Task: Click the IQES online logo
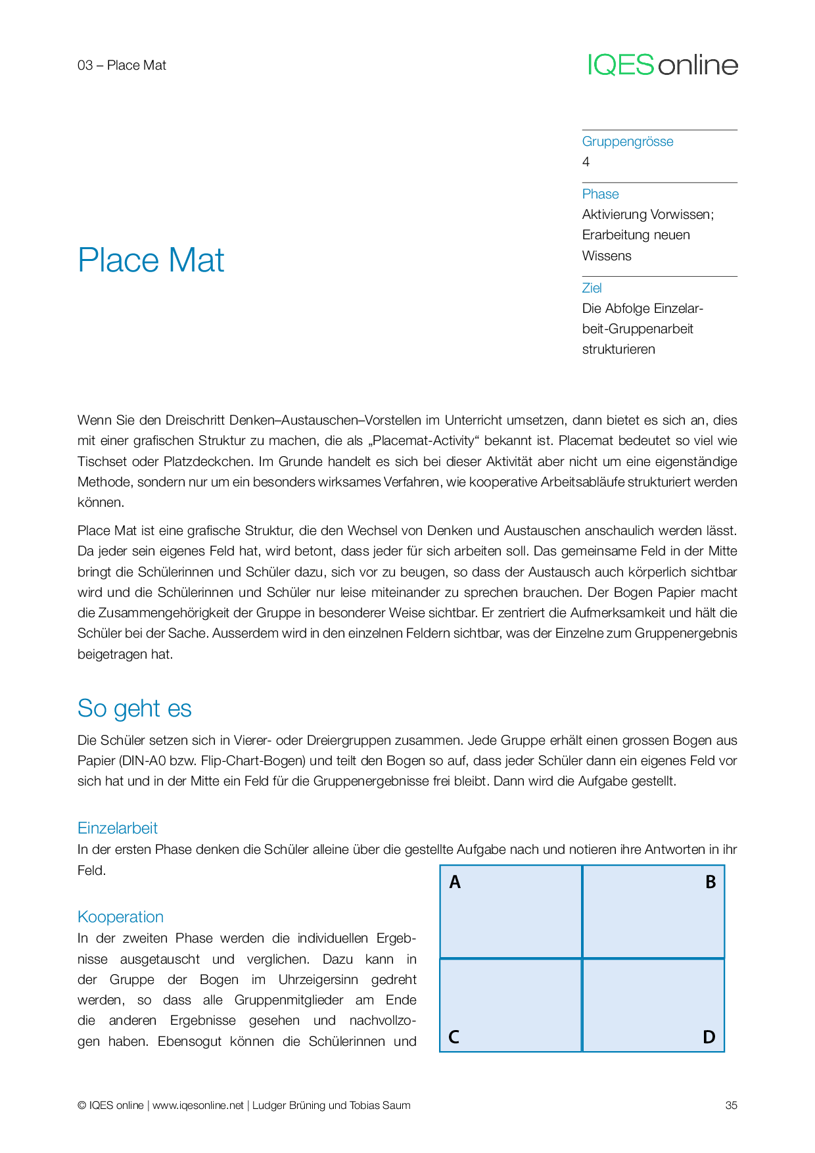663,64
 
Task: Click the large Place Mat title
151,260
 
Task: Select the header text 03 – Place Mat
122,65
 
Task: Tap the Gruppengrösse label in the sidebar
627,141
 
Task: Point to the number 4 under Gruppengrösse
586,162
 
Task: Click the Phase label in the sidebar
600,194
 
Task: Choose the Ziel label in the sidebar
592,288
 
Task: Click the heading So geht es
134,709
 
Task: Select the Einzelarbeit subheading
117,828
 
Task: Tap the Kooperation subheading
120,917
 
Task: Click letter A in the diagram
455,882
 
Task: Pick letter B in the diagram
710,882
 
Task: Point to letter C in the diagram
454,1037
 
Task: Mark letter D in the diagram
709,1037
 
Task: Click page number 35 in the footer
731,1105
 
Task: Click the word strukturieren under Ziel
618,349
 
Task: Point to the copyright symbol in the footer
81,1105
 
